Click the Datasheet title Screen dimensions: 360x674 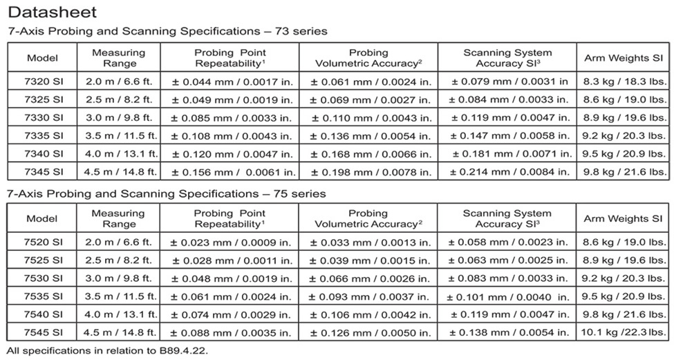[53, 12]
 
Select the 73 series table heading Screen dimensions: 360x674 [167, 31]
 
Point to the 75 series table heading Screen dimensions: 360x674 [166, 193]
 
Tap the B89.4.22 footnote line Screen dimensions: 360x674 [106, 350]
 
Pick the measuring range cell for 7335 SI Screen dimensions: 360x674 [118, 135]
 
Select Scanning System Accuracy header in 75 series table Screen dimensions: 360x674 [507, 218]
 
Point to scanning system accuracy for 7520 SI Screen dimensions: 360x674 [507, 243]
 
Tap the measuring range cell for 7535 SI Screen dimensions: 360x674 [118, 296]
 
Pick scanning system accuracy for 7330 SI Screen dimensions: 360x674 [507, 117]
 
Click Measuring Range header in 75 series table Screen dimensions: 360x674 [118, 218]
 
